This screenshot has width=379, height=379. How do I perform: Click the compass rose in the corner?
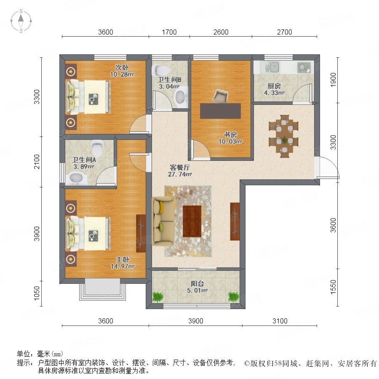point(21,21)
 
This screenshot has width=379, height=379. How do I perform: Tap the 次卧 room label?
point(122,67)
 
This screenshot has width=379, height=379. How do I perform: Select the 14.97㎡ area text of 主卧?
point(123,267)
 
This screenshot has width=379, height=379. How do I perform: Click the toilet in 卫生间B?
point(160,70)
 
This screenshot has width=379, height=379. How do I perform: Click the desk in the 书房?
point(220,111)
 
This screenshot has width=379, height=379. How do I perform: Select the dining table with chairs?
point(283,136)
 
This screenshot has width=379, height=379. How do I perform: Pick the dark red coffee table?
point(192,221)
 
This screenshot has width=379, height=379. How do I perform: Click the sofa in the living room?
point(163,221)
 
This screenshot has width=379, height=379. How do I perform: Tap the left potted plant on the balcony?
point(157,296)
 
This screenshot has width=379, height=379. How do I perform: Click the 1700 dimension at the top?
point(169,32)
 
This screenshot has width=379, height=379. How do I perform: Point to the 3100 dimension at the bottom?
point(280,321)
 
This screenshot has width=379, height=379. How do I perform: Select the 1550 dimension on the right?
point(333,287)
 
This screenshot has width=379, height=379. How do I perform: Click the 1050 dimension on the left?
point(37,293)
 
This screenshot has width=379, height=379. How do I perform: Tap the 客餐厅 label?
point(180,167)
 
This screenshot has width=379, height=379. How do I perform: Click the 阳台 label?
point(197,283)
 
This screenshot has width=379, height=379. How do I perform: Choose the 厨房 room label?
point(274,86)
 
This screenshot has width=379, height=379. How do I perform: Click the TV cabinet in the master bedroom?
point(141,233)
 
